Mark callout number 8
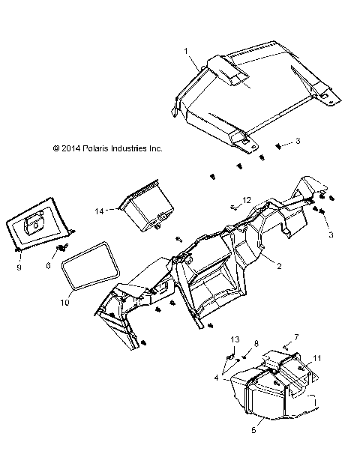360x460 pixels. [256, 342]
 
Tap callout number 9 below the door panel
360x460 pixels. [19, 265]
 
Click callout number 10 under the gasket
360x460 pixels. [63, 303]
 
